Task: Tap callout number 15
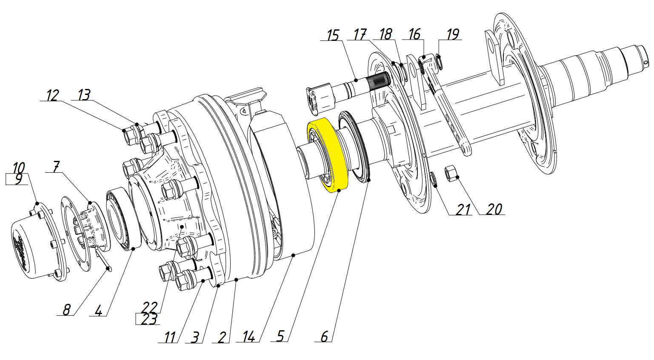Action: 333,36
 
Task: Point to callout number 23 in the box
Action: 149,319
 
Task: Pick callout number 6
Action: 324,336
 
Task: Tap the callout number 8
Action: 66,309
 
